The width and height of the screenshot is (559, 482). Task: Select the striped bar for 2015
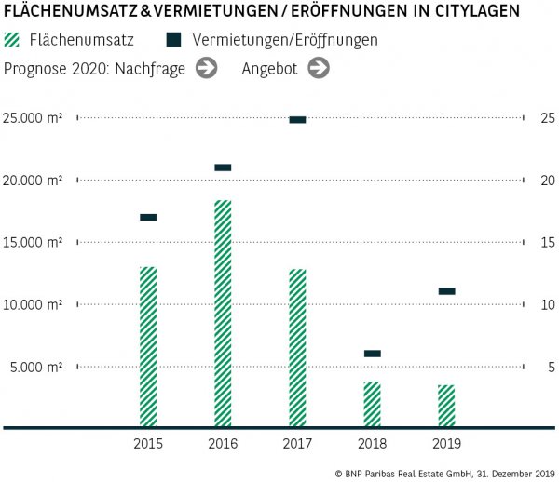pyautogui.click(x=148, y=346)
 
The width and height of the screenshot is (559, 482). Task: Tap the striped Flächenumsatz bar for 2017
pyautogui.click(x=297, y=347)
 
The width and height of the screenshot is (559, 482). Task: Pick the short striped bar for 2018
pyautogui.click(x=372, y=404)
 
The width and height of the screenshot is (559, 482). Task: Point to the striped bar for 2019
pyautogui.click(x=446, y=406)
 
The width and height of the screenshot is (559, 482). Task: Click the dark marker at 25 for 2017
pyautogui.click(x=297, y=119)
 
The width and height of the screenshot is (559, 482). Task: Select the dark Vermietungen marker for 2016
pyautogui.click(x=223, y=167)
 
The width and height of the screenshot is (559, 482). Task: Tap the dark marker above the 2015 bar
pyautogui.click(x=148, y=217)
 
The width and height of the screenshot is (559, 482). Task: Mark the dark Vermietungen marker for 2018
pyautogui.click(x=372, y=354)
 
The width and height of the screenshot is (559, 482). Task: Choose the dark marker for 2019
pyautogui.click(x=446, y=291)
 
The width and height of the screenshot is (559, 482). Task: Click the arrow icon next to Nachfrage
pyautogui.click(x=206, y=68)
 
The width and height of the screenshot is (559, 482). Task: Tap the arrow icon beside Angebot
pyautogui.click(x=319, y=68)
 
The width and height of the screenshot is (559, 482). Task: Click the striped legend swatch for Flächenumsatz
pyautogui.click(x=12, y=41)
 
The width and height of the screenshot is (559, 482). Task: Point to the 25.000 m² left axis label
pyautogui.click(x=33, y=118)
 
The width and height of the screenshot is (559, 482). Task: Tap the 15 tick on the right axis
pyautogui.click(x=548, y=242)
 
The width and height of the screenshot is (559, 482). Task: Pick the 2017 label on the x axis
pyautogui.click(x=297, y=443)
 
